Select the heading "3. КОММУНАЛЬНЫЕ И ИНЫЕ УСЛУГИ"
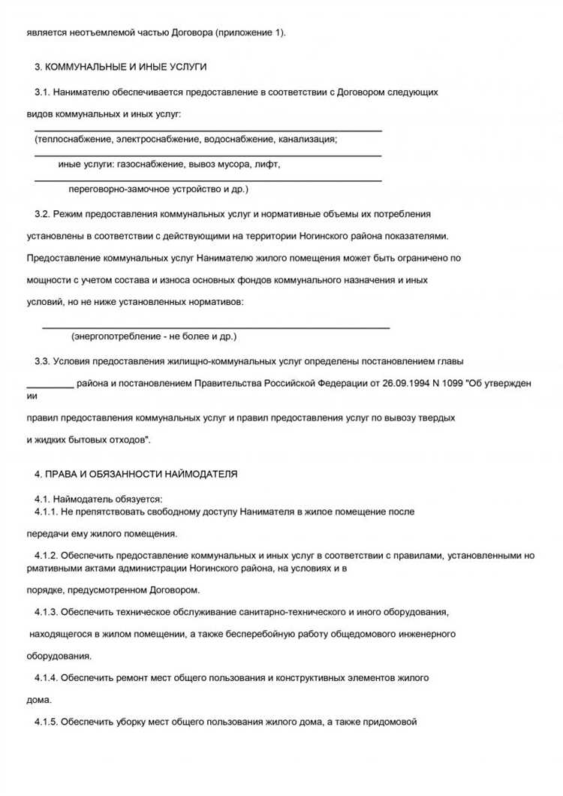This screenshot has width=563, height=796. pyautogui.click(x=120, y=67)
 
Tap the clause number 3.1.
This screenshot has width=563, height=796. pyautogui.click(x=42, y=92)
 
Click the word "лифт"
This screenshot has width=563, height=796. pyautogui.click(x=269, y=164)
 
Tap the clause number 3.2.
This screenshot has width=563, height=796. pyautogui.click(x=42, y=214)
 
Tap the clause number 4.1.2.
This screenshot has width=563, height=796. pyautogui.click(x=46, y=556)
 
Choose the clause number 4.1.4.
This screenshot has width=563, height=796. pyautogui.click(x=46, y=678)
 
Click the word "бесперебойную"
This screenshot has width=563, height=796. pyautogui.click(x=251, y=635)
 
